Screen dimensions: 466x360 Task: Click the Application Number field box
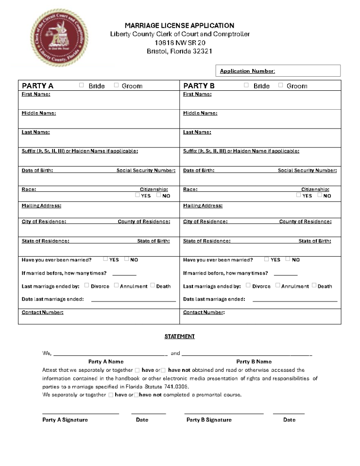click(x=278, y=71)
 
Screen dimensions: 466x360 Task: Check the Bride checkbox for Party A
click(x=81, y=85)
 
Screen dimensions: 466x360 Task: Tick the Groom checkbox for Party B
click(x=280, y=85)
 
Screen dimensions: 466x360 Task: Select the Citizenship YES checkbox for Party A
click(x=137, y=195)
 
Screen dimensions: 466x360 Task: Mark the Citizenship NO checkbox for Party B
click(x=320, y=195)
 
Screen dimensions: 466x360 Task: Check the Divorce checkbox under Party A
click(x=87, y=285)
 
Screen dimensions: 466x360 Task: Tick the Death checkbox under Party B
click(x=314, y=285)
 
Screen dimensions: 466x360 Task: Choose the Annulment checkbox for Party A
click(x=116, y=285)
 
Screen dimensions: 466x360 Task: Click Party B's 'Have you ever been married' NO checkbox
click(x=288, y=259)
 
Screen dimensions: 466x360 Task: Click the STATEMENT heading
click(x=179, y=336)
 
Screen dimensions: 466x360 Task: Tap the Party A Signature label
click(x=65, y=420)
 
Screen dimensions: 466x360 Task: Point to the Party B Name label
click(x=254, y=362)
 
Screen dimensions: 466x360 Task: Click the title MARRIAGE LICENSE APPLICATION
click(x=179, y=25)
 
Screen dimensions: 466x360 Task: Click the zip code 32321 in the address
click(x=202, y=51)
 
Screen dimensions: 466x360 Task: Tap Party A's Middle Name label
click(x=39, y=113)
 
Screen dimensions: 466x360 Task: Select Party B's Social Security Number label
click(x=307, y=170)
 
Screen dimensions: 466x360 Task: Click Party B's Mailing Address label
click(x=203, y=206)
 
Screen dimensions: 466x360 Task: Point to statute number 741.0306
click(x=175, y=387)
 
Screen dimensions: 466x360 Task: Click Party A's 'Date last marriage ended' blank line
click(x=134, y=299)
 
